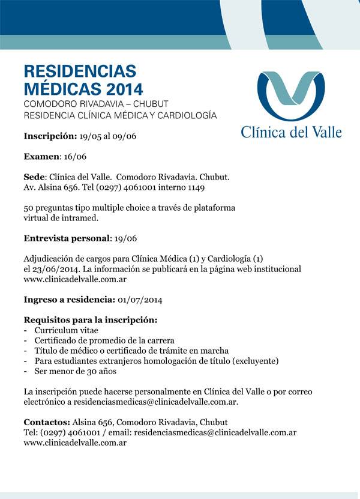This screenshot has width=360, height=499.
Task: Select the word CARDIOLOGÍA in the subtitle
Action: click(189, 115)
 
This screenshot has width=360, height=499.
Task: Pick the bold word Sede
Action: click(35, 178)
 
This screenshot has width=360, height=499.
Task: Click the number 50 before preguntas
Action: click(29, 208)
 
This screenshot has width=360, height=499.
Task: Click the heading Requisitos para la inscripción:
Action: click(90, 320)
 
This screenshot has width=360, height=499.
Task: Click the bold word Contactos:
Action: click(47, 422)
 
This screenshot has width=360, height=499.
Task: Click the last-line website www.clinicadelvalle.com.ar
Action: click(75, 443)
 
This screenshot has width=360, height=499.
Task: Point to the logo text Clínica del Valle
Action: click(291, 132)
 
